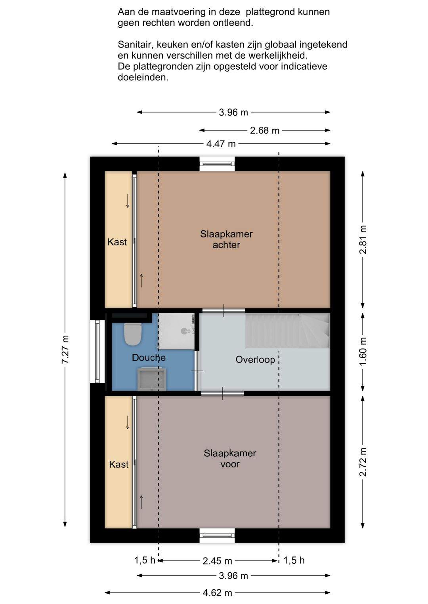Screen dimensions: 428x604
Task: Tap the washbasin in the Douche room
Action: (x=151, y=379)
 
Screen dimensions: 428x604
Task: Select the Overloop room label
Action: (x=255, y=359)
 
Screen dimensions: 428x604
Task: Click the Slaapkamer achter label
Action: (x=226, y=239)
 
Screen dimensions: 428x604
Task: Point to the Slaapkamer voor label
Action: (x=230, y=458)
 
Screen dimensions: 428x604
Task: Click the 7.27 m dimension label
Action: (x=65, y=349)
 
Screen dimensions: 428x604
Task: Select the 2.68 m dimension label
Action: (x=264, y=131)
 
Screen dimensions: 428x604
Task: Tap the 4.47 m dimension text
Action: (x=221, y=144)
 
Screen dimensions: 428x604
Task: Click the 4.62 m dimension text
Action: (x=218, y=593)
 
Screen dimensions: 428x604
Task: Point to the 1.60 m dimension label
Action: (x=363, y=351)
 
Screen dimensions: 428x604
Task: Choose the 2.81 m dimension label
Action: (x=363, y=239)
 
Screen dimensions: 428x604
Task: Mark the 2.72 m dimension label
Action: (x=363, y=462)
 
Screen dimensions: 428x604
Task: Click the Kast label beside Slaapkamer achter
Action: (x=117, y=242)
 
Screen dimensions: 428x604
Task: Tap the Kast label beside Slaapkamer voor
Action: (x=119, y=464)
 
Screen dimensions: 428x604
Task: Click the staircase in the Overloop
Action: (x=287, y=330)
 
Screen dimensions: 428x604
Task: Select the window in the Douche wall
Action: (x=97, y=351)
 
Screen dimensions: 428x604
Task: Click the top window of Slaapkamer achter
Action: (x=217, y=164)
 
